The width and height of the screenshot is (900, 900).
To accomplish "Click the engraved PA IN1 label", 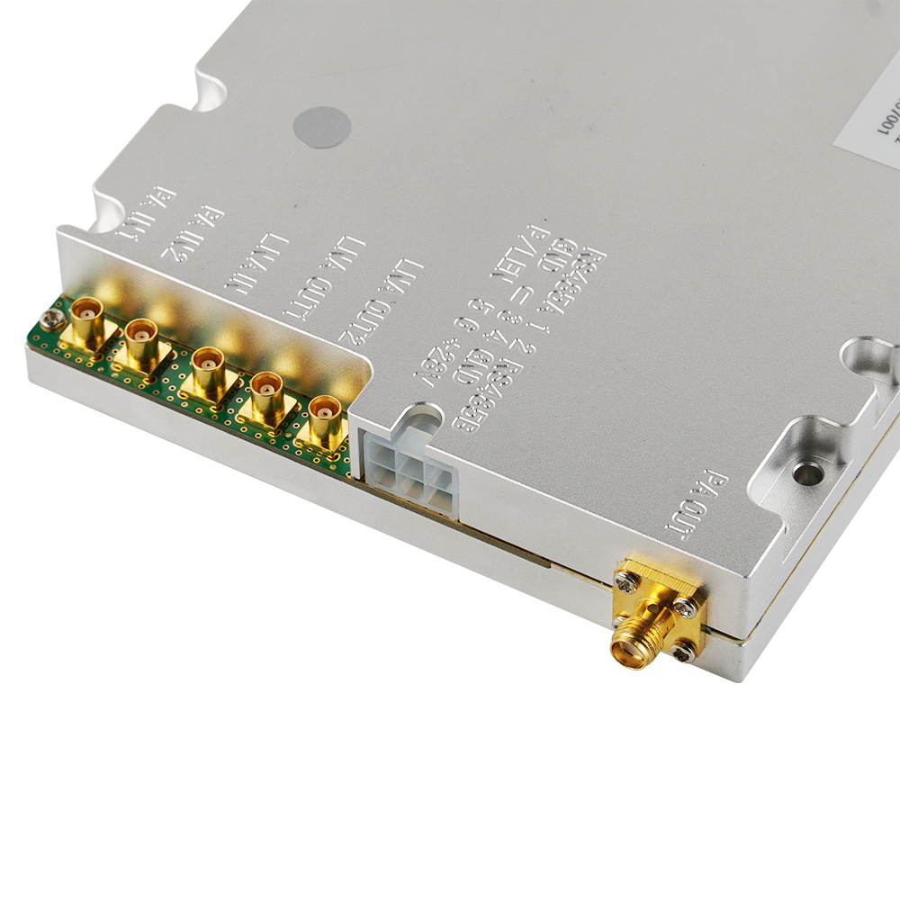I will click(144, 214).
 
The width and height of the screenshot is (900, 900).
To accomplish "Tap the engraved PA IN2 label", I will click(192, 231).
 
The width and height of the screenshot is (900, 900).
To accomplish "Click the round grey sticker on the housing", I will click(321, 127).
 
